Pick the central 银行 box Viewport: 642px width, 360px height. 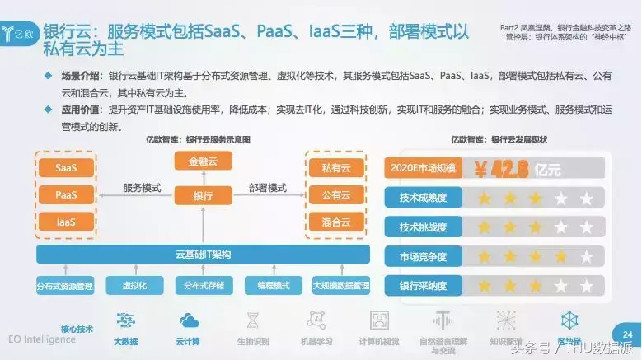202,195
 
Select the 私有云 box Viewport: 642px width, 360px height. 335,168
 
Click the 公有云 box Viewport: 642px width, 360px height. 335,195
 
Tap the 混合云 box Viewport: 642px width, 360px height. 335,222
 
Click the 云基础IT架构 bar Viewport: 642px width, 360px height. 203,254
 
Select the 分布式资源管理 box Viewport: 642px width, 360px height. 65,286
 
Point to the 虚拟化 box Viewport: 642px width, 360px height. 134,286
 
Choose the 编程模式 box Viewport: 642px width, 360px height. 274,286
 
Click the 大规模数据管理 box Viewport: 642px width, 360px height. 341,286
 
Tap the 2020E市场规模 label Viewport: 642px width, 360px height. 423,170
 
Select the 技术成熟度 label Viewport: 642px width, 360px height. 423,199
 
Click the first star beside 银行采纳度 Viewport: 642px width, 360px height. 485,287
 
